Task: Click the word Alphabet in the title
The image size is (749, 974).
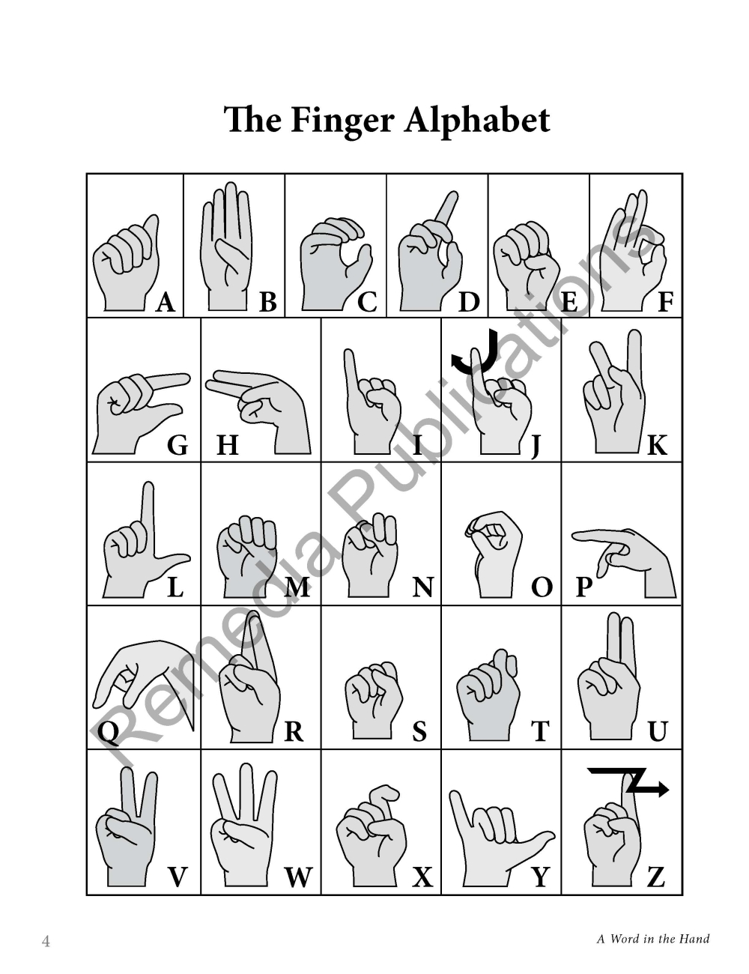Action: tap(477, 119)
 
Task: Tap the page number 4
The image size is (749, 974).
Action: tap(46, 940)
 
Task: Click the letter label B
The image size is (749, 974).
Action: tap(268, 302)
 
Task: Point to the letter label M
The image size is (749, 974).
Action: tap(297, 587)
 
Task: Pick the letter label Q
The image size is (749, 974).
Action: tap(108, 733)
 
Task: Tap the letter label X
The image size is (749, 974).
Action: tap(422, 877)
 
